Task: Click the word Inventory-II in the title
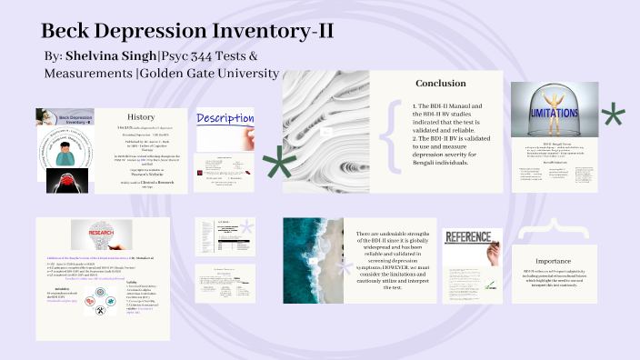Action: pos(270,30)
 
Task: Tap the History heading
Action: pos(141,116)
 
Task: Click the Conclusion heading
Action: pos(440,84)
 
